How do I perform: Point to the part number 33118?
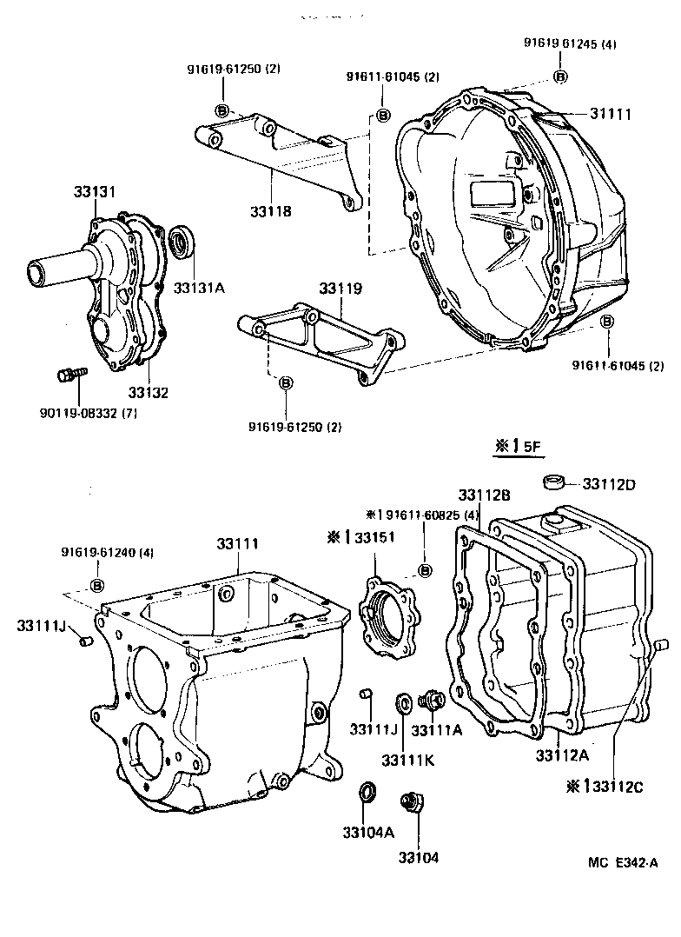tap(270, 211)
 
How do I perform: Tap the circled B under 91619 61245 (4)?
tap(560, 77)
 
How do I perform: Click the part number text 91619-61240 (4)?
tap(108, 552)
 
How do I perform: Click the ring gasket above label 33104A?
tap(368, 793)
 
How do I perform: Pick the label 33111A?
tap(437, 730)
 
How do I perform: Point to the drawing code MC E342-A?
tap(624, 863)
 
